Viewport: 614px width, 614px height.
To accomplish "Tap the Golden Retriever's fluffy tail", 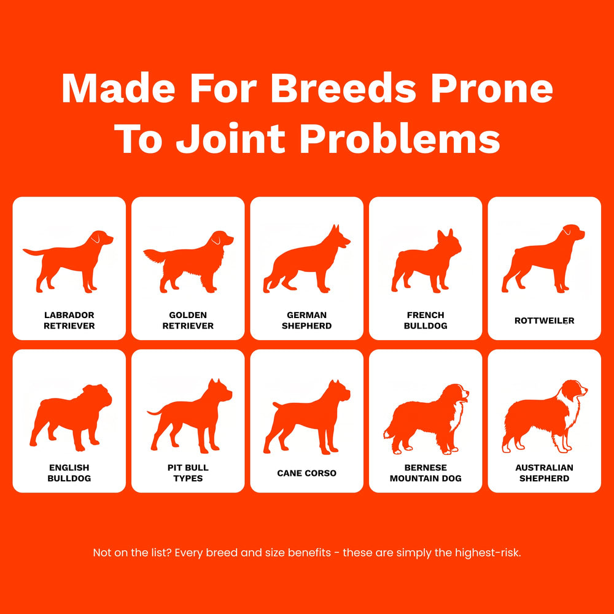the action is coord(154,255).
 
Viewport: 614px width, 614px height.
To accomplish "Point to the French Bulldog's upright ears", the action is coord(445,235).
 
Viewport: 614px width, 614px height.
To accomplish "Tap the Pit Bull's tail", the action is coord(155,411).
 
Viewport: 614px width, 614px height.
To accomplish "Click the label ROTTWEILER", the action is coord(544,321).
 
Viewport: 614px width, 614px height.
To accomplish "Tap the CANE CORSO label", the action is coord(306,473).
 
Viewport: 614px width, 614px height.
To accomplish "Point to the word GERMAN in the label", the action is coord(306,315).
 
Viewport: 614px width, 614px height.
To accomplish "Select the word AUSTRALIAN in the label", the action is coord(544,467).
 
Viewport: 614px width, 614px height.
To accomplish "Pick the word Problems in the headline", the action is coord(400,139).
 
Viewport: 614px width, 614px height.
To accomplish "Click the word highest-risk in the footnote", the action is coord(488,553).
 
